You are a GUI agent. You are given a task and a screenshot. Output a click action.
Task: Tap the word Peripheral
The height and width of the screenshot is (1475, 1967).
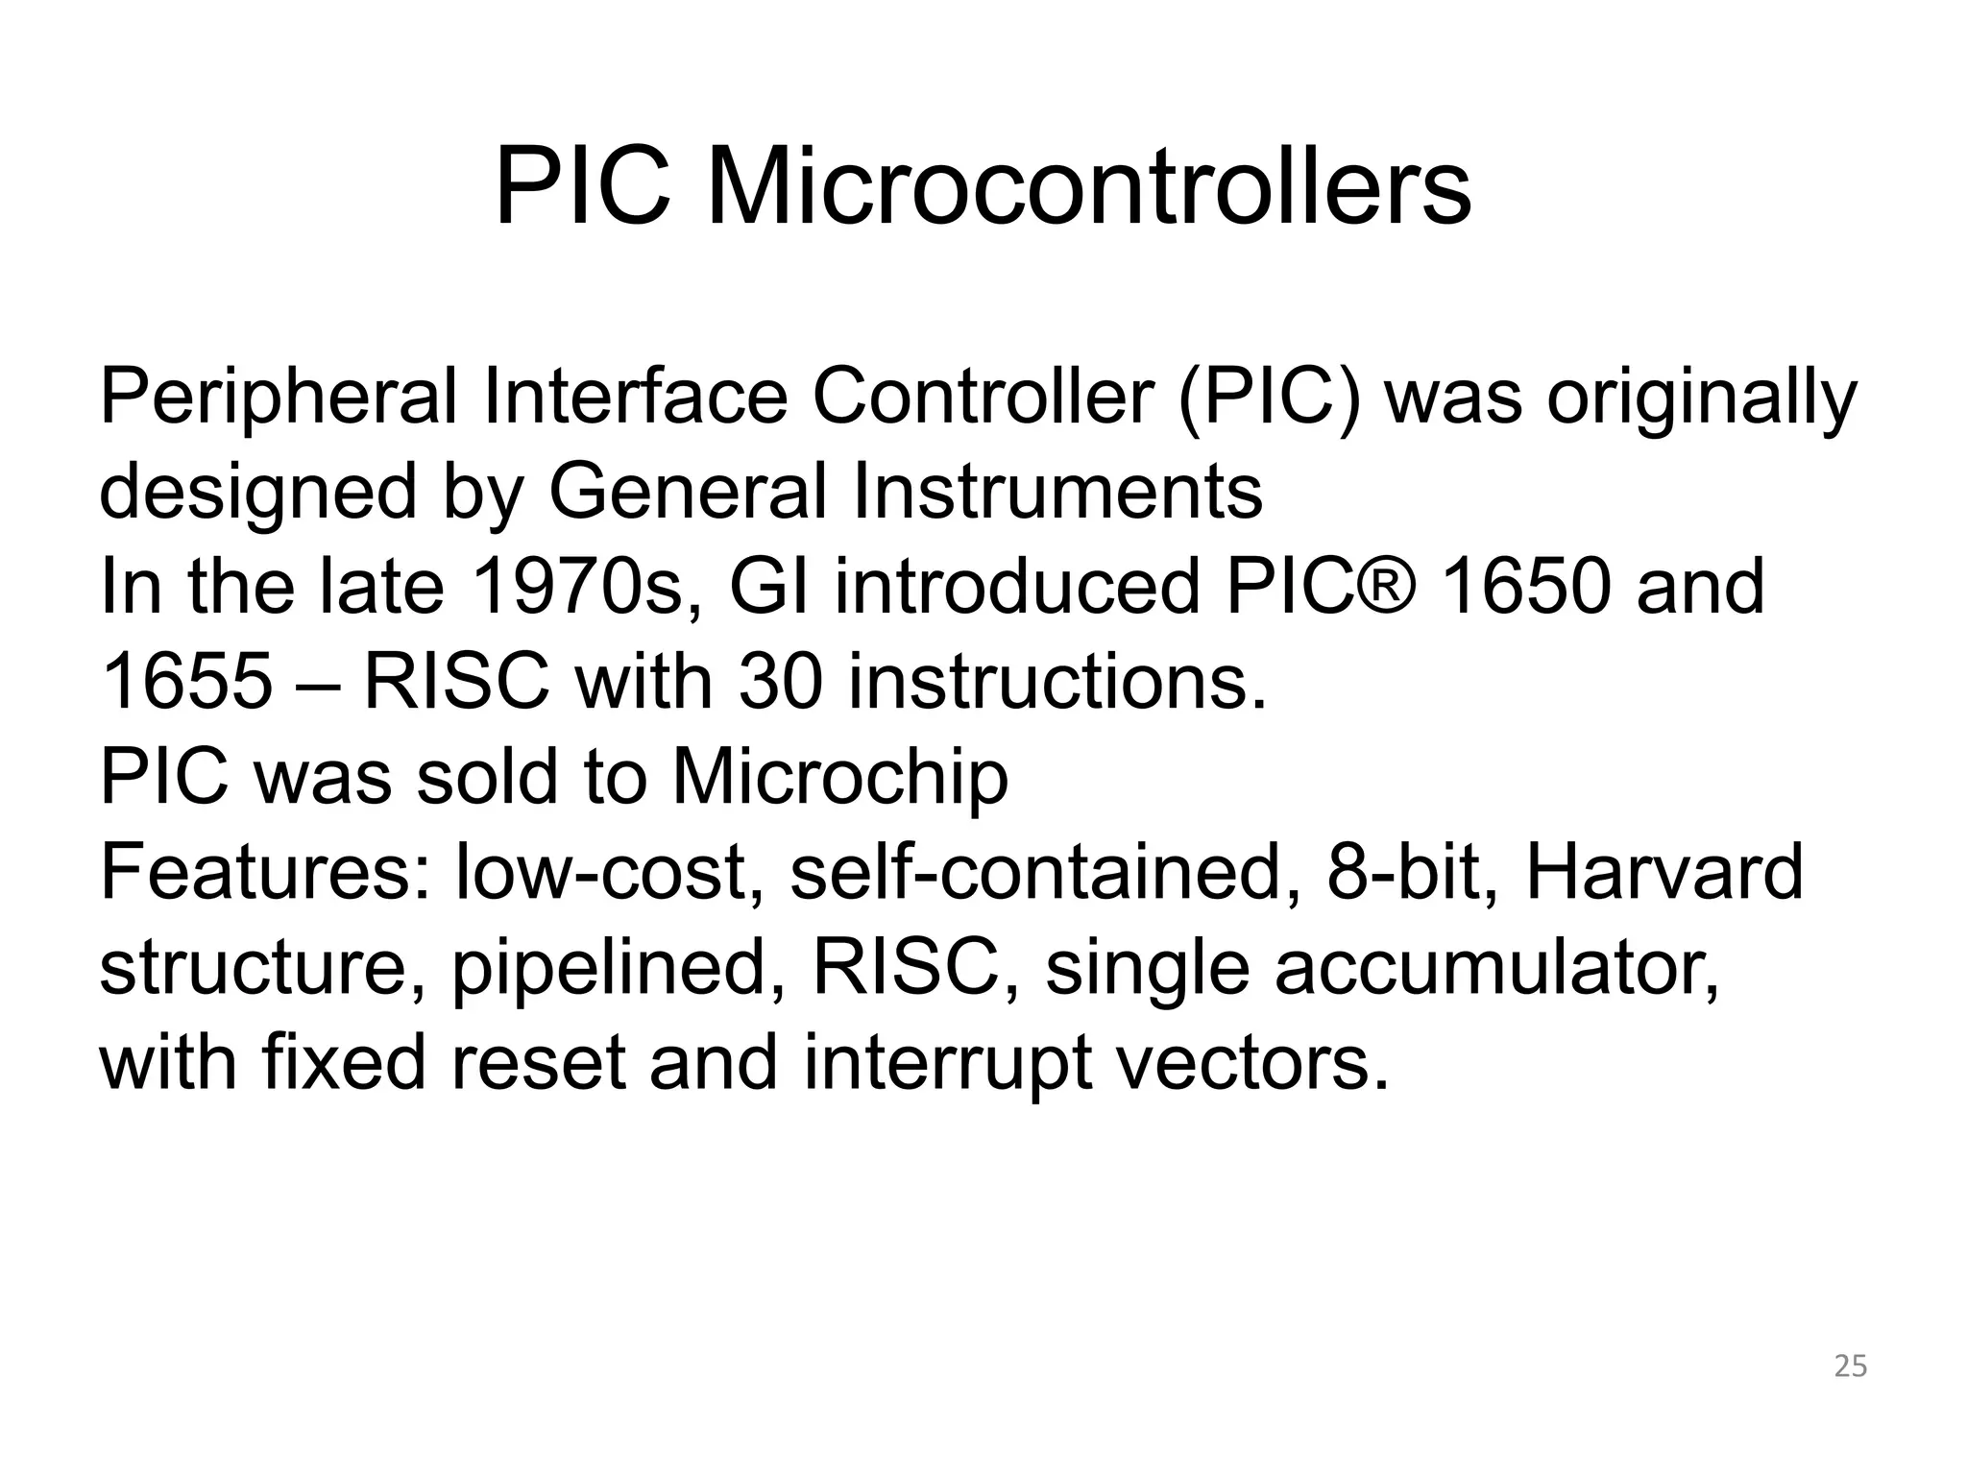[x=278, y=398]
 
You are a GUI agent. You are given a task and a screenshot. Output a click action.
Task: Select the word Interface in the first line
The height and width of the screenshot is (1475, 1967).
[x=635, y=398]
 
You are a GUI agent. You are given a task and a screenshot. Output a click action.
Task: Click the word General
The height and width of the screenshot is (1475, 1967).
[x=687, y=492]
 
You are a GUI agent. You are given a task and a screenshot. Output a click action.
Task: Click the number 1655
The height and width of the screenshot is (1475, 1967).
[x=187, y=681]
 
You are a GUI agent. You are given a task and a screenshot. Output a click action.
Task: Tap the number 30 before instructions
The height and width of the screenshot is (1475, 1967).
[x=781, y=681]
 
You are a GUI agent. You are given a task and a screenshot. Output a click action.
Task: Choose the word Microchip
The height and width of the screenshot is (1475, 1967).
[x=839, y=776]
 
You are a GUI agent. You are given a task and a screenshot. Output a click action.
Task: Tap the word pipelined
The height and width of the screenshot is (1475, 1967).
[x=619, y=968]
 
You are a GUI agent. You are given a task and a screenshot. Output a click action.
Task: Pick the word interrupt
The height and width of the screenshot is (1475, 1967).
[x=947, y=1062]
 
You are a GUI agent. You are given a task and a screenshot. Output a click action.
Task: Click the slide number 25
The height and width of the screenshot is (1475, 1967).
[x=1851, y=1366]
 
